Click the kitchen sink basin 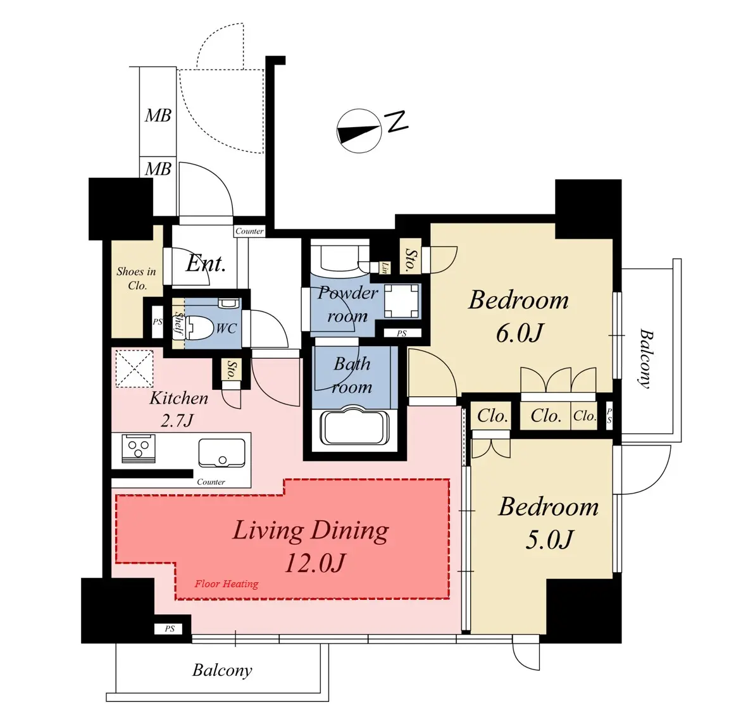221,452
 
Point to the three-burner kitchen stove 139,449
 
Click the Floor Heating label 227,584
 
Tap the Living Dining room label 311,546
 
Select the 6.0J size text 519,333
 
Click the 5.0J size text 549,540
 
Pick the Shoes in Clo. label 136,278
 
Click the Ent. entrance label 206,264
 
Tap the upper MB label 158,115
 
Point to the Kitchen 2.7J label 178,409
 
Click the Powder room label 348,304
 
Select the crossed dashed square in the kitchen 134,368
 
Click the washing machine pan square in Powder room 402,301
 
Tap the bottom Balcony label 222,670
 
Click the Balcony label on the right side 646,359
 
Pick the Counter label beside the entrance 249,231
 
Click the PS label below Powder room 402,333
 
